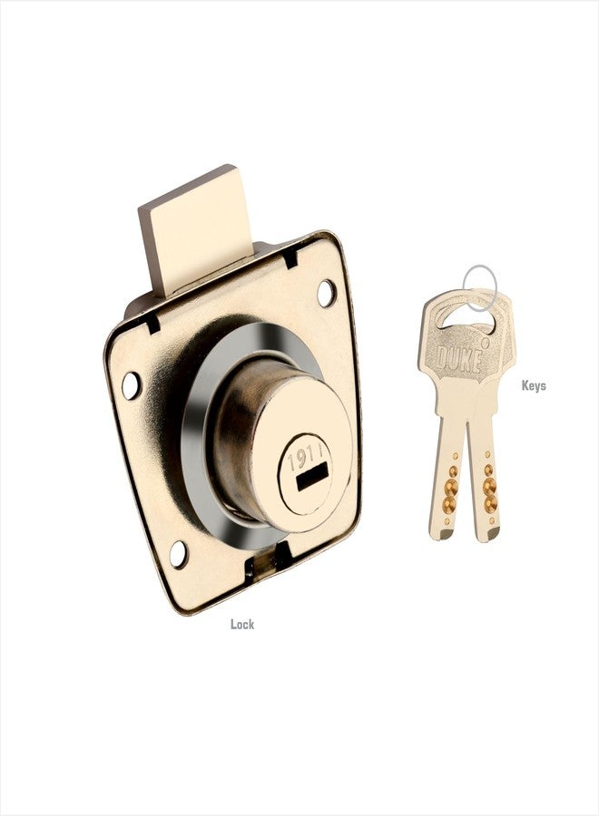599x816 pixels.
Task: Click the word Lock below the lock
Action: pyautogui.click(x=242, y=624)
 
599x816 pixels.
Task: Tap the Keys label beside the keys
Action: pyautogui.click(x=534, y=385)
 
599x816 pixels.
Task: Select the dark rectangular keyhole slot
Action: pyautogui.click(x=311, y=477)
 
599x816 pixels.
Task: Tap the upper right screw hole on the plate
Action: pyautogui.click(x=326, y=293)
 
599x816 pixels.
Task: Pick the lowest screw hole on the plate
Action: pyautogui.click(x=179, y=554)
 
